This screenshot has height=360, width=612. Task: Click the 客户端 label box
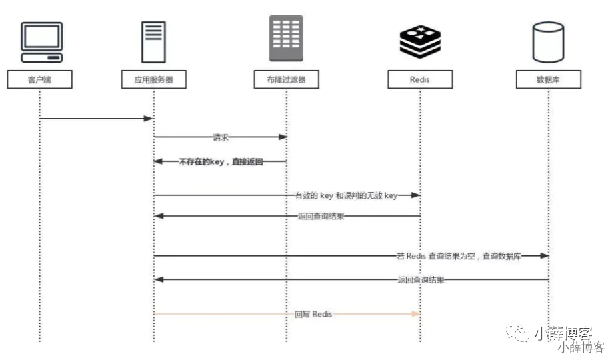click(39, 80)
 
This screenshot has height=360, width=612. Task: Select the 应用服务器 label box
click(154, 80)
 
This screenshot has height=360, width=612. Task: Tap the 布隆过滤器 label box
click(287, 80)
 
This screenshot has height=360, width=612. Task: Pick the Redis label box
click(420, 80)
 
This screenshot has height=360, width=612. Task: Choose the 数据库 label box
click(549, 80)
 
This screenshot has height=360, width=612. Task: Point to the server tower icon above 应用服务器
click(154, 42)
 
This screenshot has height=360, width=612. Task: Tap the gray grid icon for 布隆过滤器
click(287, 39)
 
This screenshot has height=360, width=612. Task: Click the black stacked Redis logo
click(420, 41)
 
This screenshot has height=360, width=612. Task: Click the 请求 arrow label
click(221, 137)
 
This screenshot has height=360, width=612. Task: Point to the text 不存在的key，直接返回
click(221, 161)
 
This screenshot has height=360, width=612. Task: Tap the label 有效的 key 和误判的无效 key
click(346, 195)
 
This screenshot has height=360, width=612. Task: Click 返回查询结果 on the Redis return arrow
click(321, 216)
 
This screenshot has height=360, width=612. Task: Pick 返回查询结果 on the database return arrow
click(420, 280)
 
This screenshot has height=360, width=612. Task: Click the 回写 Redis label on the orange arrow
click(313, 314)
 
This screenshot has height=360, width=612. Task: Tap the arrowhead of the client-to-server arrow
click(149, 119)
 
